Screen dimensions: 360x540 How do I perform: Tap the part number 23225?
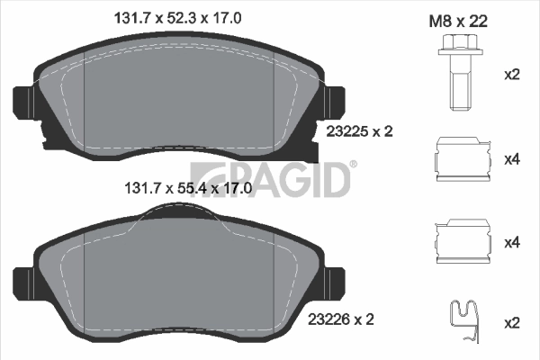click(343, 131)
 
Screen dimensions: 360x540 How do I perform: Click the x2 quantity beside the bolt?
click(512, 74)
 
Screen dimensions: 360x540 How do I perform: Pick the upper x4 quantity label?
click(512, 159)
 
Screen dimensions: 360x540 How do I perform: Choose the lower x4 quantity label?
click(512, 242)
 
